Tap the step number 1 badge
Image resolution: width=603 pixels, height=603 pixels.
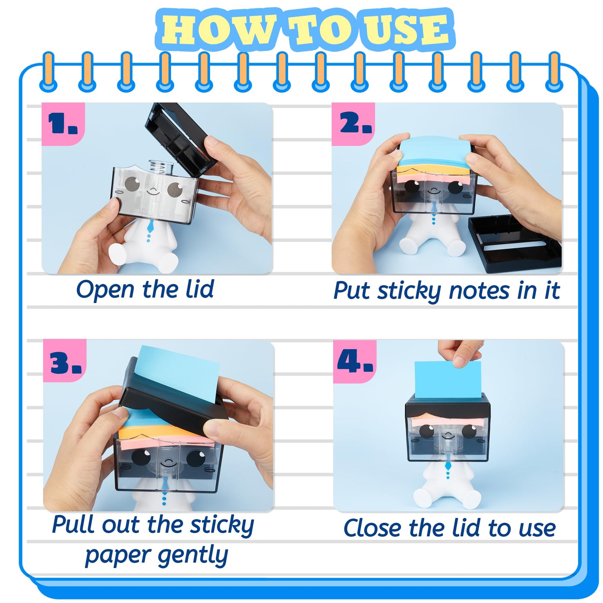pyautogui.click(x=63, y=124)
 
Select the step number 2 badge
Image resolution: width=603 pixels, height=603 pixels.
pyautogui.click(x=353, y=124)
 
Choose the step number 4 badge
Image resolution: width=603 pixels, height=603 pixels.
pyautogui.click(x=355, y=362)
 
